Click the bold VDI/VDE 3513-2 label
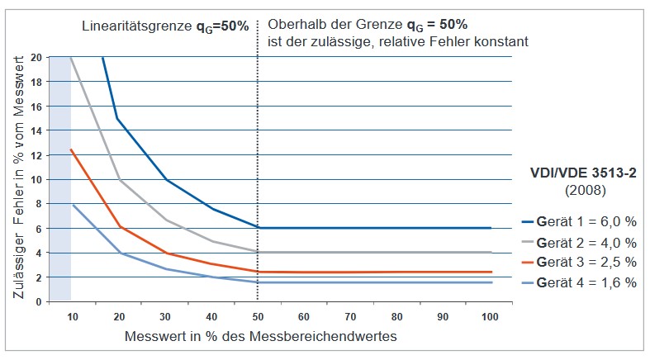click(x=582, y=174)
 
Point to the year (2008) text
click(x=582, y=191)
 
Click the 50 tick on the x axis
click(x=258, y=316)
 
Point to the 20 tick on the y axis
click(x=37, y=57)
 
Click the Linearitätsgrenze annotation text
click(x=165, y=26)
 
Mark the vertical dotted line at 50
click(x=258, y=165)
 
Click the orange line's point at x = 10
click(x=71, y=149)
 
